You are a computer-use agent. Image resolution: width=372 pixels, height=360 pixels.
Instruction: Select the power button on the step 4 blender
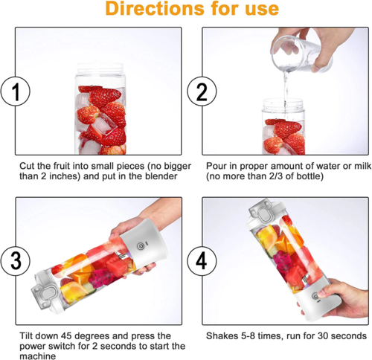click(315, 294)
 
